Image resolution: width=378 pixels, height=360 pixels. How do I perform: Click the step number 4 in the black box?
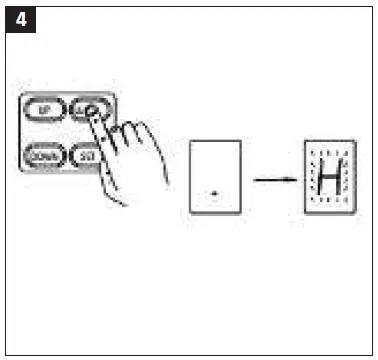[20, 19]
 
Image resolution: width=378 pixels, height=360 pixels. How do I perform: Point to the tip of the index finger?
[93, 113]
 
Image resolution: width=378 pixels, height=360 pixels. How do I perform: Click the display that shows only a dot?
[215, 177]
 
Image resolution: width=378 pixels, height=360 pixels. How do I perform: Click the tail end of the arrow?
[254, 180]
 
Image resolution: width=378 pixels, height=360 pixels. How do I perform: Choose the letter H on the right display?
[329, 178]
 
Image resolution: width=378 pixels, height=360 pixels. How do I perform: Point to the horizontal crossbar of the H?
[329, 178]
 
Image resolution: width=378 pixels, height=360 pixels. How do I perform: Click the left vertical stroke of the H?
[320, 178]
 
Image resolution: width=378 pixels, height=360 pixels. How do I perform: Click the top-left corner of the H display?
[305, 142]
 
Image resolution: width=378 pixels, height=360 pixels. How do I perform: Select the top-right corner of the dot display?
[240, 142]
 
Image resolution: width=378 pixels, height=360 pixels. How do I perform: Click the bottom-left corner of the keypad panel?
[20, 171]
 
